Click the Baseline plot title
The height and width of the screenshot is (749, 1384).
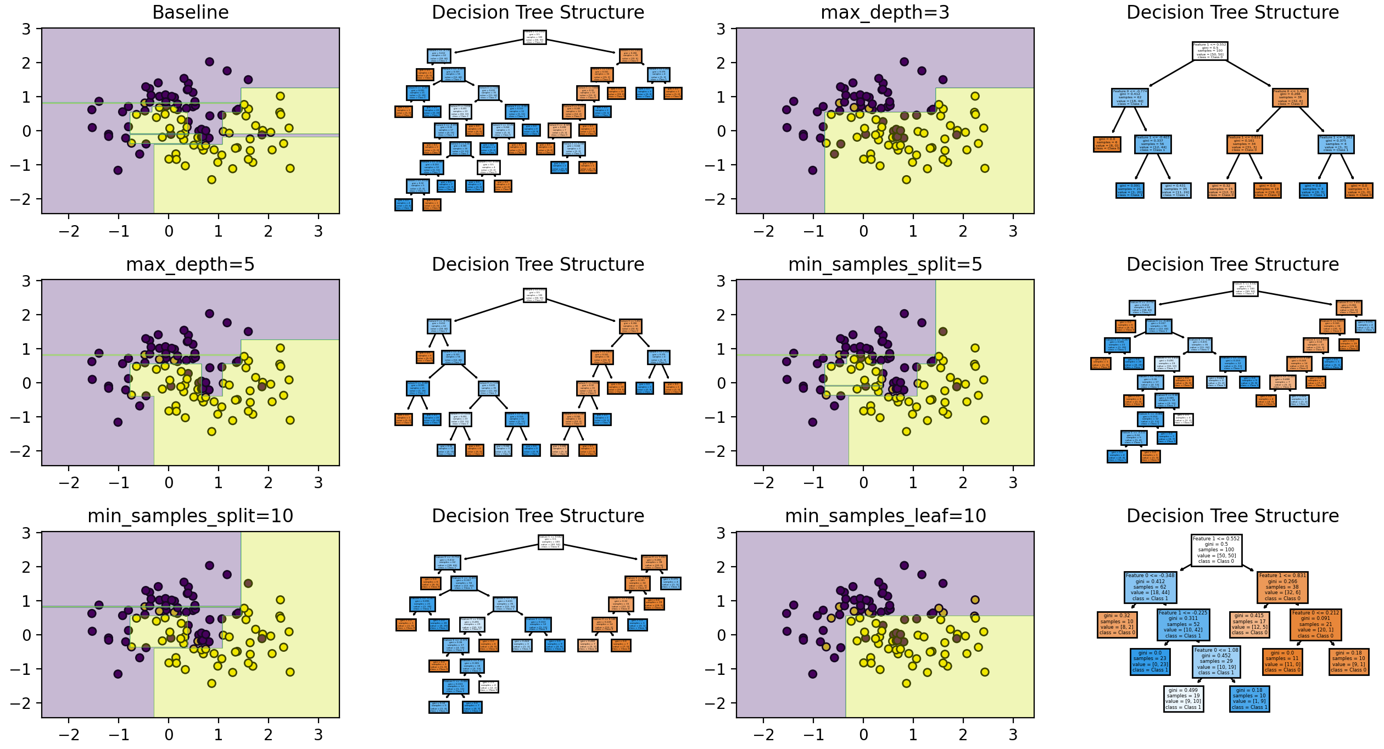tap(190, 12)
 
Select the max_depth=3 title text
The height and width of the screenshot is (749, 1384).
tap(885, 12)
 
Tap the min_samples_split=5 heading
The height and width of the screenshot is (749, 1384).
tap(885, 264)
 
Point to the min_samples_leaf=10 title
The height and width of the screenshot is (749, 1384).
tap(885, 516)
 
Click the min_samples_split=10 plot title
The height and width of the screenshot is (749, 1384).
tap(190, 516)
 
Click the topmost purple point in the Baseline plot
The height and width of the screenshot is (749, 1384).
tap(209, 62)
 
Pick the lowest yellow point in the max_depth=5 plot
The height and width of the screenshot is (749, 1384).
tap(211, 432)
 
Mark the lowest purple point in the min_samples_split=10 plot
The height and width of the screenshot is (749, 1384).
tap(118, 674)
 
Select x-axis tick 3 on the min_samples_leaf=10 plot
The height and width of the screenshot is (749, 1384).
tap(1013, 735)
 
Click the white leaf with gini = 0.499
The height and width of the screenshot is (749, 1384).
tap(1183, 698)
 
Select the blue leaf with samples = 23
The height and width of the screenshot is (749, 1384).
tap(1150, 661)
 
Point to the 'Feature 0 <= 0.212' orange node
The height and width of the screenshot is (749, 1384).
tap(1315, 624)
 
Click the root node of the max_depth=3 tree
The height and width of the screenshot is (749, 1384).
tap(1210, 51)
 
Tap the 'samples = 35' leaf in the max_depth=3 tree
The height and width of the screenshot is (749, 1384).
tap(1175, 190)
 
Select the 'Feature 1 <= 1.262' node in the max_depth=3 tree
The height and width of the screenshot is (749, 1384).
tap(1336, 144)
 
